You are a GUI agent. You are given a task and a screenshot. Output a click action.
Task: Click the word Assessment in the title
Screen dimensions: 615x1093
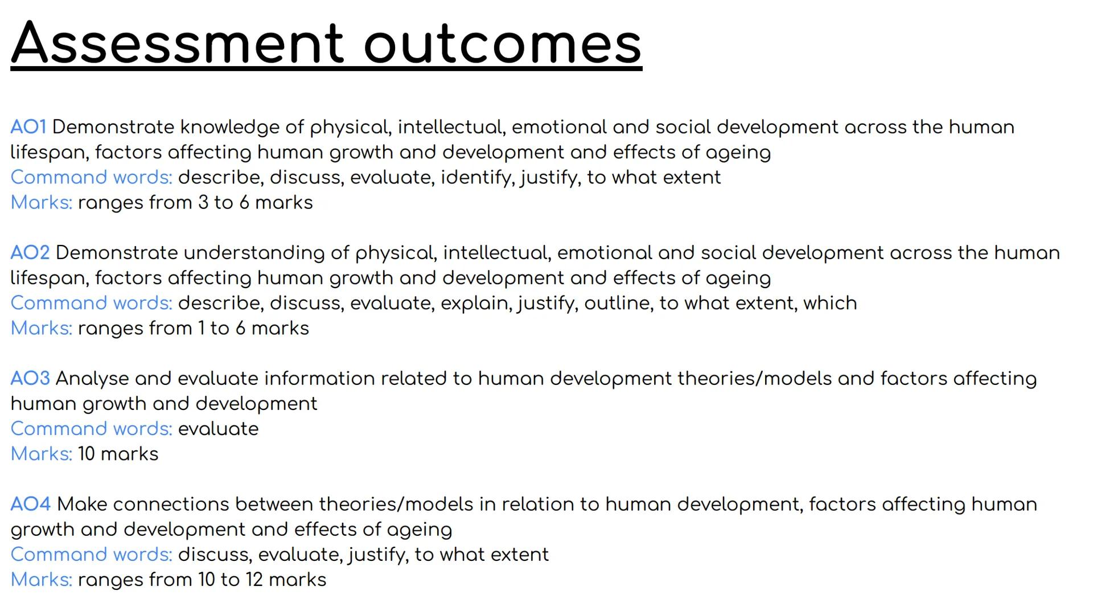click(178, 43)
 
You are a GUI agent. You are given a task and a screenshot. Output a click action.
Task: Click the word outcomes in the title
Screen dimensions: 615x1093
click(503, 43)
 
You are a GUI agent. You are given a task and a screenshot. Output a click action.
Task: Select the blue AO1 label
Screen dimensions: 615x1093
click(28, 126)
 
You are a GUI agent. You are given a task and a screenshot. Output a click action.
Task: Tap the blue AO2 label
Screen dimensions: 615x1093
click(30, 252)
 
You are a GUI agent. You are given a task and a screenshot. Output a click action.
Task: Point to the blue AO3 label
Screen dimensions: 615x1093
click(30, 378)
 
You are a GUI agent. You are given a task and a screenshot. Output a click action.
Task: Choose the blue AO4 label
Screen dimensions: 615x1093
click(31, 504)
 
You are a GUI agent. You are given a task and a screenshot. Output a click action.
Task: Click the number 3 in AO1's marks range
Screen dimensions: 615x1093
click(203, 203)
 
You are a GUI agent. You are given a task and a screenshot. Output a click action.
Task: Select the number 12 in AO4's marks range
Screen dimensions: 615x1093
click(254, 580)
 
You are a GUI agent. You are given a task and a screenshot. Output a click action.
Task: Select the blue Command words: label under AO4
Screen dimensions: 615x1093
click(91, 555)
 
